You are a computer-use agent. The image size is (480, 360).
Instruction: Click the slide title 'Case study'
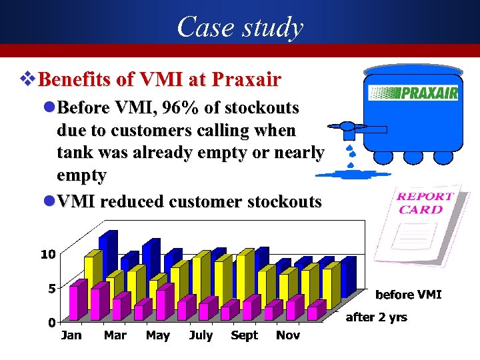240,27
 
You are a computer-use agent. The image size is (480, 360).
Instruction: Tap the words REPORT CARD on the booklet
425,203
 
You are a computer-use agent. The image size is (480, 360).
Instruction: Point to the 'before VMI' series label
409,294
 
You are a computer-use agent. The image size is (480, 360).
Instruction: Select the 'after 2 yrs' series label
376,317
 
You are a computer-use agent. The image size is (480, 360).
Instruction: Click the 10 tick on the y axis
48,254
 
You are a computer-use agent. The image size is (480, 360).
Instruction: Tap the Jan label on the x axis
71,335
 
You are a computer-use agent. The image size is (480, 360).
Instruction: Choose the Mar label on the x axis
115,335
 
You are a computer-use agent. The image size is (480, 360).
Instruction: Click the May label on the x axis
158,335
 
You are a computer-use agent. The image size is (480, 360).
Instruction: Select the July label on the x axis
201,335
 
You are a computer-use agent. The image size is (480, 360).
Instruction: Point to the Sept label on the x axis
244,335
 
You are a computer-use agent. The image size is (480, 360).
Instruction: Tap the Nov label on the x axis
287,335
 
